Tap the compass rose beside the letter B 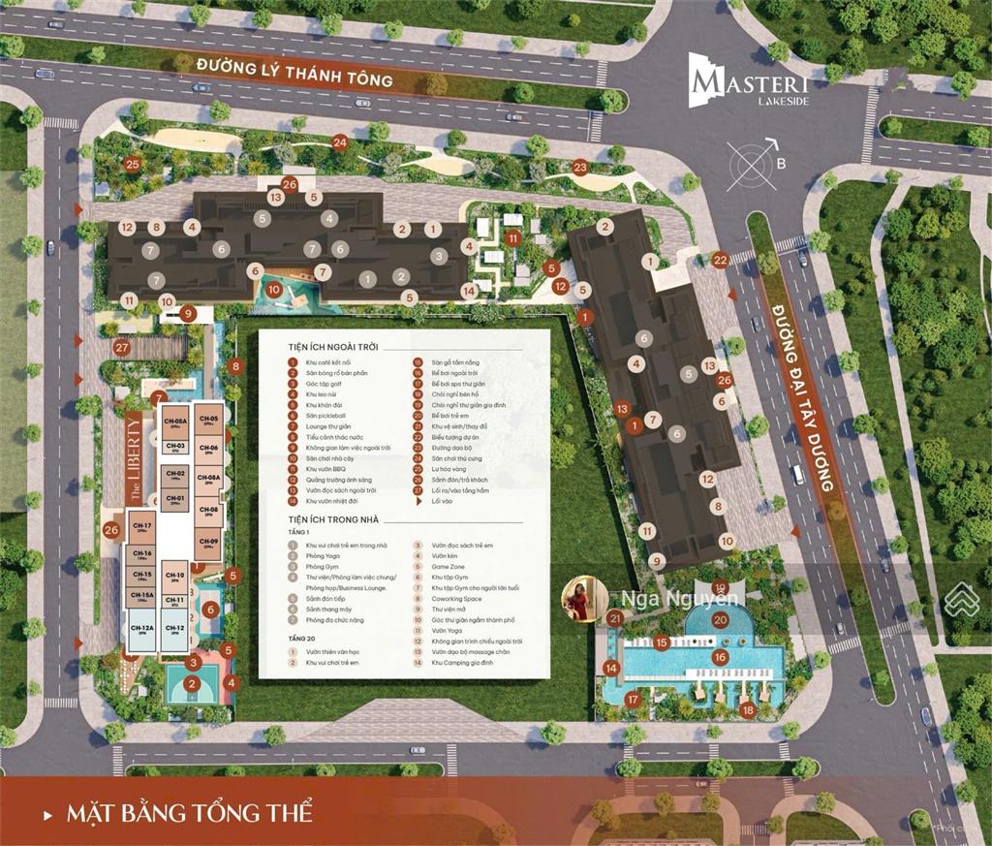coord(748,163)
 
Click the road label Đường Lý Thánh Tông coord(294,73)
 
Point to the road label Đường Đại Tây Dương coord(803,396)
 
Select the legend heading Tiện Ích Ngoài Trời coord(332,347)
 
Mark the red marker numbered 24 coord(339,142)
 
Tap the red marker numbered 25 coord(133,165)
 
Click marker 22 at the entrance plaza coord(719,260)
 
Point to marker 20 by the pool coord(720,620)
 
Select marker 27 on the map coord(122,347)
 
